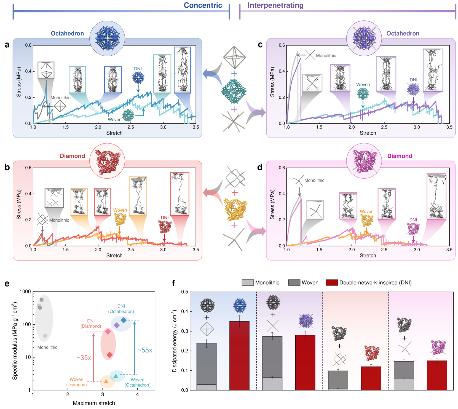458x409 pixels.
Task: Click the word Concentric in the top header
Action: tap(203, 5)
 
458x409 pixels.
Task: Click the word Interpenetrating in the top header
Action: tap(275, 5)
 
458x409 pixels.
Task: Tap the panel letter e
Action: tap(7, 284)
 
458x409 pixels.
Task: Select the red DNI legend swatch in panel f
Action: tap(332, 282)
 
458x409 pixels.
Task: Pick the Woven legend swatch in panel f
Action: tap(294, 282)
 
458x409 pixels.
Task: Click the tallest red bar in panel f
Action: tap(239, 356)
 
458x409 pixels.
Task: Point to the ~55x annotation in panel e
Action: tap(145, 350)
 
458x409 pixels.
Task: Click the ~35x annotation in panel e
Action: tap(84, 358)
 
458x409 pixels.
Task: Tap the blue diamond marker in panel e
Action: tap(124, 320)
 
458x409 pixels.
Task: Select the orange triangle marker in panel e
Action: tap(106, 382)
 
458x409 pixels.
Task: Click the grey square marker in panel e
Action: tap(42, 300)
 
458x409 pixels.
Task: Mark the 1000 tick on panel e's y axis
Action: tap(25, 292)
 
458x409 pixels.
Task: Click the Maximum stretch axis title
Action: tap(94, 403)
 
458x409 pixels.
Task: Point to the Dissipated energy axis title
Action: tap(174, 341)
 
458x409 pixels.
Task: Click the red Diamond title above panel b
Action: tap(72, 156)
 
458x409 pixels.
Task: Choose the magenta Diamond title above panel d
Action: tap(400, 156)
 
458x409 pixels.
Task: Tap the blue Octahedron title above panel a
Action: tap(67, 33)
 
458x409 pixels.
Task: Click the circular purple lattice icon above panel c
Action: tap(364, 38)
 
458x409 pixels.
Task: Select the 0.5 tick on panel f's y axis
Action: tap(184, 292)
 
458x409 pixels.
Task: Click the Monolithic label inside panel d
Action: tap(314, 180)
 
